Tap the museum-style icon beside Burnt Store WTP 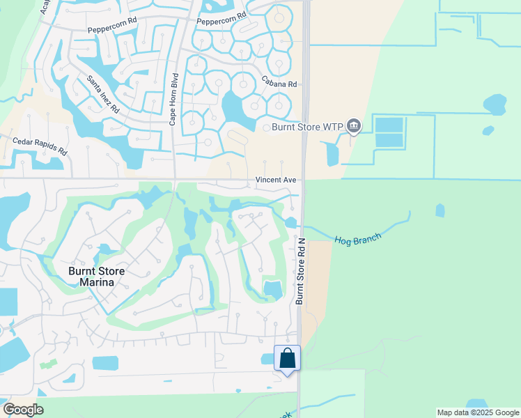coord(353,126)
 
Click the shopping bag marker coord(287,359)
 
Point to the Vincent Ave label coord(276,180)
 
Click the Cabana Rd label coord(279,84)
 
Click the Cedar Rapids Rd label coord(40,146)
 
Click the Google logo coord(23,410)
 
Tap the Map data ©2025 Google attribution coord(477,412)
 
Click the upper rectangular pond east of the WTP coord(389,125)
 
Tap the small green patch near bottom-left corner coord(48,364)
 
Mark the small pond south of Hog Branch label coord(440,210)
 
